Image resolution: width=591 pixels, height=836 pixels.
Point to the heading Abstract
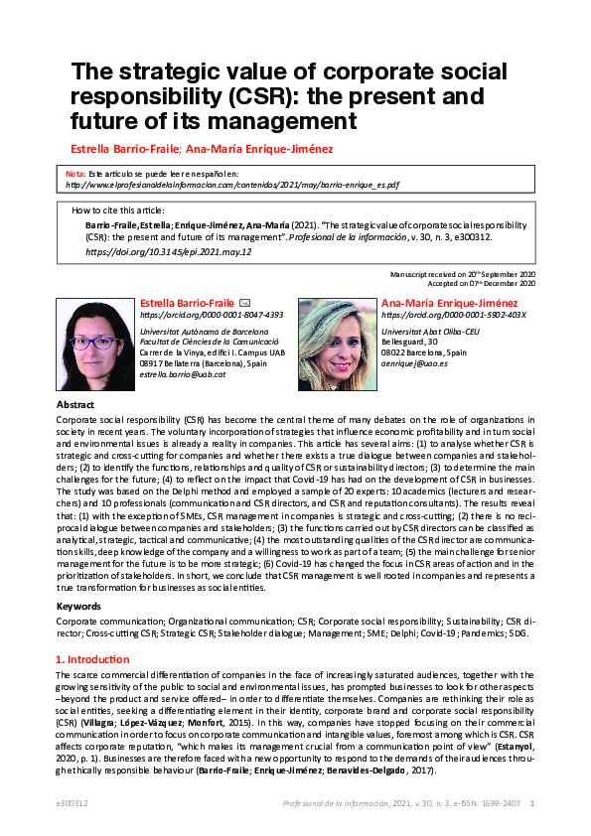click(75, 405)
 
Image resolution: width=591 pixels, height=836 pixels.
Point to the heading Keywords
click(78, 605)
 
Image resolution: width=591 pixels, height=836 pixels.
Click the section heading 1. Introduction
click(92, 659)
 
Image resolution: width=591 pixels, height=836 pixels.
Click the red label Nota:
click(75, 173)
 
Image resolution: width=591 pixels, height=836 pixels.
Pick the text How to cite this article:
click(118, 210)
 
